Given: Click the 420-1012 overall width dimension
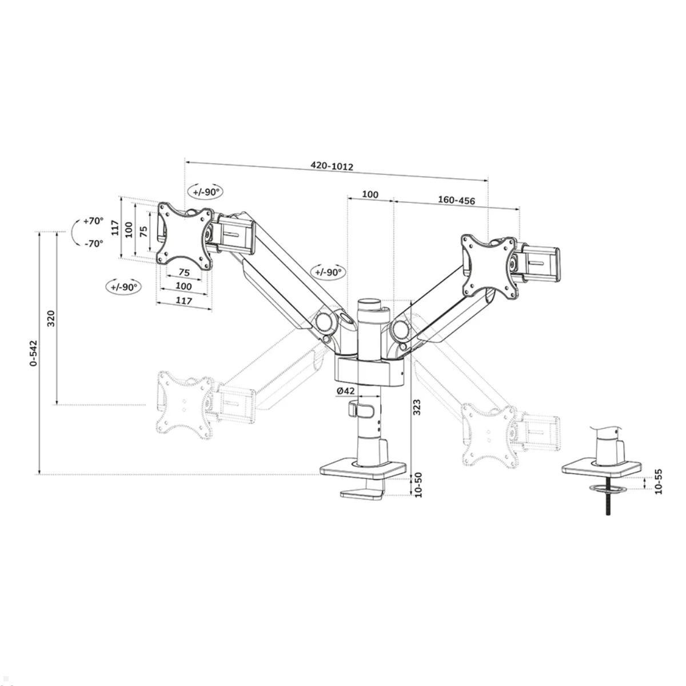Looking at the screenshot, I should click(332, 166).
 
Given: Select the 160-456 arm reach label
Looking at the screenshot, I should click(456, 201).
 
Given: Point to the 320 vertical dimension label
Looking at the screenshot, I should click(51, 318).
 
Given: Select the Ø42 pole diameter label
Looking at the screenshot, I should click(346, 390).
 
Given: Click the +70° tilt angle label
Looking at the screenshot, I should click(93, 221).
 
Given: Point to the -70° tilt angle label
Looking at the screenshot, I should click(93, 243).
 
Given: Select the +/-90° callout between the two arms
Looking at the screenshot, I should click(327, 272).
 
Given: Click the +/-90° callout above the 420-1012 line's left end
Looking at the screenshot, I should click(206, 192).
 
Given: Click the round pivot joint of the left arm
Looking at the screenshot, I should click(326, 321).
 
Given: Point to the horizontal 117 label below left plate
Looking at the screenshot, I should click(184, 300).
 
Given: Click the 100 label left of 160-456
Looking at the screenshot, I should click(370, 194).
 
